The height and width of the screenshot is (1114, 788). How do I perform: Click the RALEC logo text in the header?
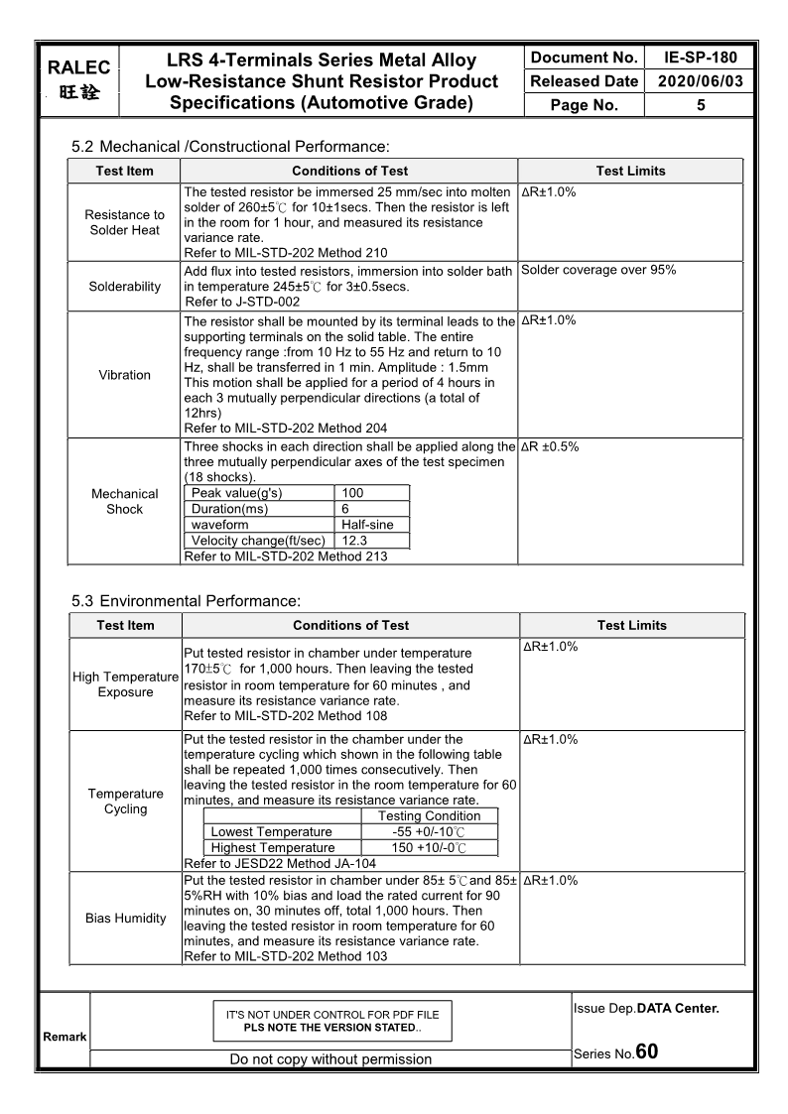point(78,68)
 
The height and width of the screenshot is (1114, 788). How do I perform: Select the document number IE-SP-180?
point(700,58)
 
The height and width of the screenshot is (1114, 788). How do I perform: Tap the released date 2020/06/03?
point(700,81)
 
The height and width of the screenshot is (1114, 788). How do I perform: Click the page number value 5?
point(701,105)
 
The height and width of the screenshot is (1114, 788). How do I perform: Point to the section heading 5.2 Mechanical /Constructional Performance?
point(230,147)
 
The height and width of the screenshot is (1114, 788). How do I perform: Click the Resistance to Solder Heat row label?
point(125,222)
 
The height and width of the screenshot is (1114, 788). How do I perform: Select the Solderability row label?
point(125,287)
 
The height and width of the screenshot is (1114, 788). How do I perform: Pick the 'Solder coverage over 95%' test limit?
point(598,270)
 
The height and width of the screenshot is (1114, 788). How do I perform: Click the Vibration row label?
point(125,375)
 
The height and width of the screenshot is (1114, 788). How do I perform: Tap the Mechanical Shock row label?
point(125,501)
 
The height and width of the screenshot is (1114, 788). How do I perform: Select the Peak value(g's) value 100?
point(352,493)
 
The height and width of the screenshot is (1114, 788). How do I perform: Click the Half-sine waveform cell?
point(367,525)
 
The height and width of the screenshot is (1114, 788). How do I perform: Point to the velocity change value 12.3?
point(354,541)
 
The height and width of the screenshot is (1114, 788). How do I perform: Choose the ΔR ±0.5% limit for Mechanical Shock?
point(550,447)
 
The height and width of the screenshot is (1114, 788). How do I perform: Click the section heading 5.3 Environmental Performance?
point(186,601)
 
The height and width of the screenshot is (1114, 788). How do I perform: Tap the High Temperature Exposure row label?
point(125,684)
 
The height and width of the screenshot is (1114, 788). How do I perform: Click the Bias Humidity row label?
point(126,919)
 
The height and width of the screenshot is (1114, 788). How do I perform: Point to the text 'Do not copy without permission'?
point(330,1059)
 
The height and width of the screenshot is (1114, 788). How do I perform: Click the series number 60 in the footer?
point(647,1052)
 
